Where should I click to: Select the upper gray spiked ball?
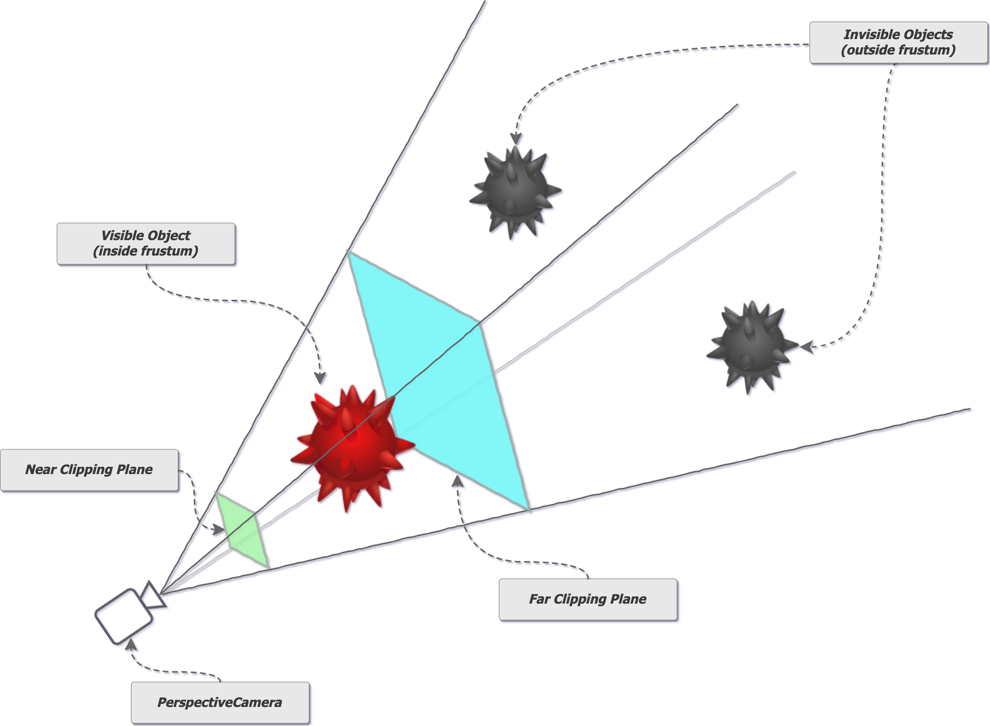(515, 192)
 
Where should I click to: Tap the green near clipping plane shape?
(242, 530)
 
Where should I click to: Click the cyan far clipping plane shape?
(438, 379)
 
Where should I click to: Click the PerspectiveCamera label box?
(220, 702)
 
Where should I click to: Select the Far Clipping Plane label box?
(588, 599)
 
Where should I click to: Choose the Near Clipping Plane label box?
(89, 470)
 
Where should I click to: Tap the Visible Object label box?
(146, 244)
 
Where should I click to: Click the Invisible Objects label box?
(899, 43)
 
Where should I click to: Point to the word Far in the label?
(539, 599)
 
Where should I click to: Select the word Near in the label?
(41, 469)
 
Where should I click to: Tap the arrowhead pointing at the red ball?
(320, 378)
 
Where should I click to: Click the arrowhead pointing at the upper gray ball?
(516, 139)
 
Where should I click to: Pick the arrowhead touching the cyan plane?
(457, 481)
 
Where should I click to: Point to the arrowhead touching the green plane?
(218, 529)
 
